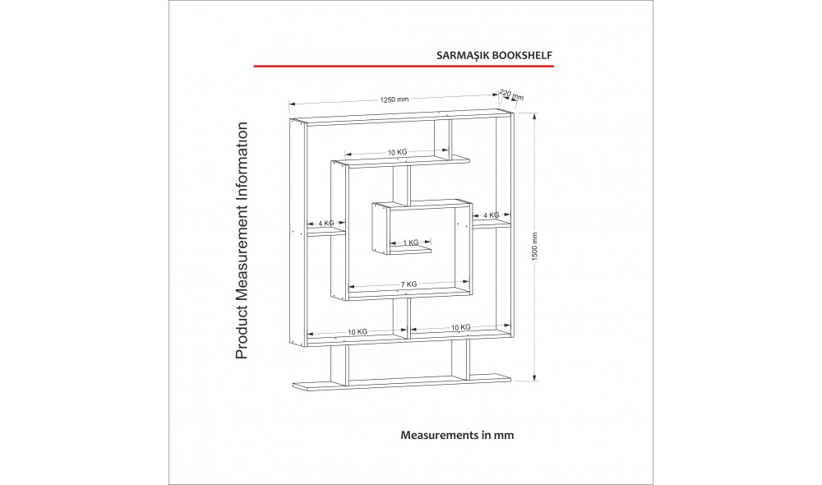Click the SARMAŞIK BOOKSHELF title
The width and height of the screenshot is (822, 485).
(x=494, y=55)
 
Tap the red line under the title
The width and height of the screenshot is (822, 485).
(x=404, y=66)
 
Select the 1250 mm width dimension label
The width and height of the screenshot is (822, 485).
(x=395, y=99)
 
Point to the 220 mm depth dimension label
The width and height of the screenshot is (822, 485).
(x=511, y=95)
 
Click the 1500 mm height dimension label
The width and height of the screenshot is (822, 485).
(x=535, y=247)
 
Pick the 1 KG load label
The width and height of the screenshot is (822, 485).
(x=411, y=242)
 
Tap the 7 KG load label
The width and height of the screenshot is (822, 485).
(x=409, y=284)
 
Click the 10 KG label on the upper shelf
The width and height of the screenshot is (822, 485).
(x=397, y=152)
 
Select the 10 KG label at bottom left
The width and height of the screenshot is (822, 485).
(x=358, y=332)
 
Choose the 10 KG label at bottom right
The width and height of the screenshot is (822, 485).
(x=461, y=327)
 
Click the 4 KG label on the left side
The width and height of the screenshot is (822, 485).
(x=326, y=224)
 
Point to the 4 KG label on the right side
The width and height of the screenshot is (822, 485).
(x=492, y=215)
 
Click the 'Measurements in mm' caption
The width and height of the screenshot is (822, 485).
(x=457, y=435)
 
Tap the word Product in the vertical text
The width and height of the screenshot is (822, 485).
(x=241, y=334)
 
